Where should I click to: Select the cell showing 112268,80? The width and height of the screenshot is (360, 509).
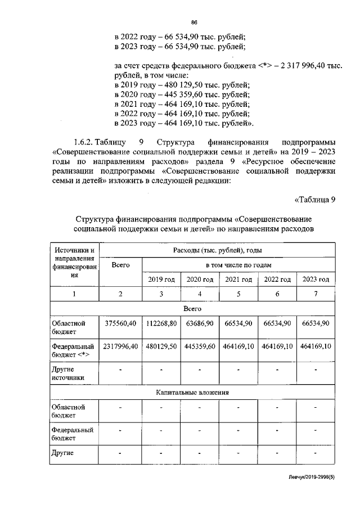click(161, 323)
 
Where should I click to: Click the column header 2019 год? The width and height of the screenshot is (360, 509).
click(161, 280)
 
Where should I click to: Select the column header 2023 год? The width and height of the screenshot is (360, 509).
click(316, 280)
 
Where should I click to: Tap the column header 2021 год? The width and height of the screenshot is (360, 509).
click(238, 280)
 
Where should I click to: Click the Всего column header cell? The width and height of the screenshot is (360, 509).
click(121, 265)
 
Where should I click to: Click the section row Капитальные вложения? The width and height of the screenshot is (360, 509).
click(193, 393)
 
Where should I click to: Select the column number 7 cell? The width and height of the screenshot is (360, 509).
click(316, 294)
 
